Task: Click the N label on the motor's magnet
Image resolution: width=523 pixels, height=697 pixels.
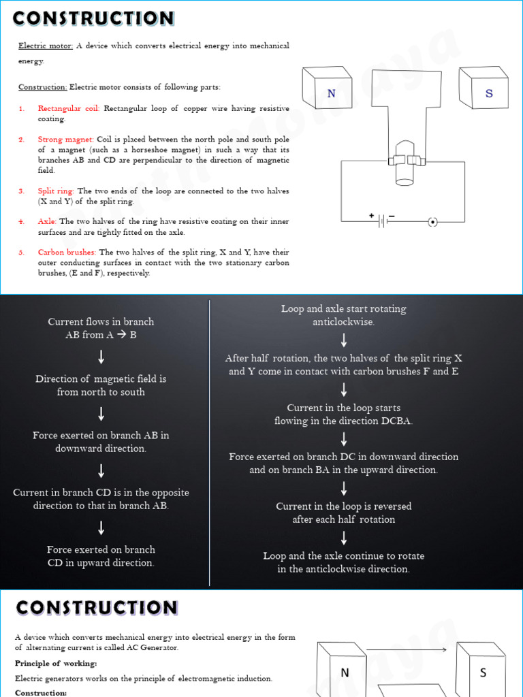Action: (332, 94)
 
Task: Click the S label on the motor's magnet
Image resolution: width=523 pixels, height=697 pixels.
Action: (489, 94)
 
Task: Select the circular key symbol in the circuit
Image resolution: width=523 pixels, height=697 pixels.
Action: (432, 221)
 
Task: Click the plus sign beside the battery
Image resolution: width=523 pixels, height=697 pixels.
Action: (372, 216)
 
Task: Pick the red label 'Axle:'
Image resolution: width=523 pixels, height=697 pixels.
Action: (47, 221)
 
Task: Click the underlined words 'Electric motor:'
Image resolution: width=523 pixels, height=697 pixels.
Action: (45, 46)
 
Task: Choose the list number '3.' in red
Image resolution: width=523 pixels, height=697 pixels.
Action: (21, 191)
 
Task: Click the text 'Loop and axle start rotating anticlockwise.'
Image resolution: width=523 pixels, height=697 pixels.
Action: (343, 315)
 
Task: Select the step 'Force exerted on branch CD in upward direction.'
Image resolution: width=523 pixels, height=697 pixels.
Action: (101, 556)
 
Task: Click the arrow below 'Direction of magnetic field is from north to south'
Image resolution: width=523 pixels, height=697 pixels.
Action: (101, 413)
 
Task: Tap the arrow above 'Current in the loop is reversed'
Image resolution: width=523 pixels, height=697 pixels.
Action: (343, 488)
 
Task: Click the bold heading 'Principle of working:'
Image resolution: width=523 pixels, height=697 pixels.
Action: (56, 663)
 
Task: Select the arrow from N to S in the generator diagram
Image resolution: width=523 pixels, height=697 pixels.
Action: (406, 649)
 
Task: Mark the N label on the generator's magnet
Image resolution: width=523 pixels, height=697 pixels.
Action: (345, 672)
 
